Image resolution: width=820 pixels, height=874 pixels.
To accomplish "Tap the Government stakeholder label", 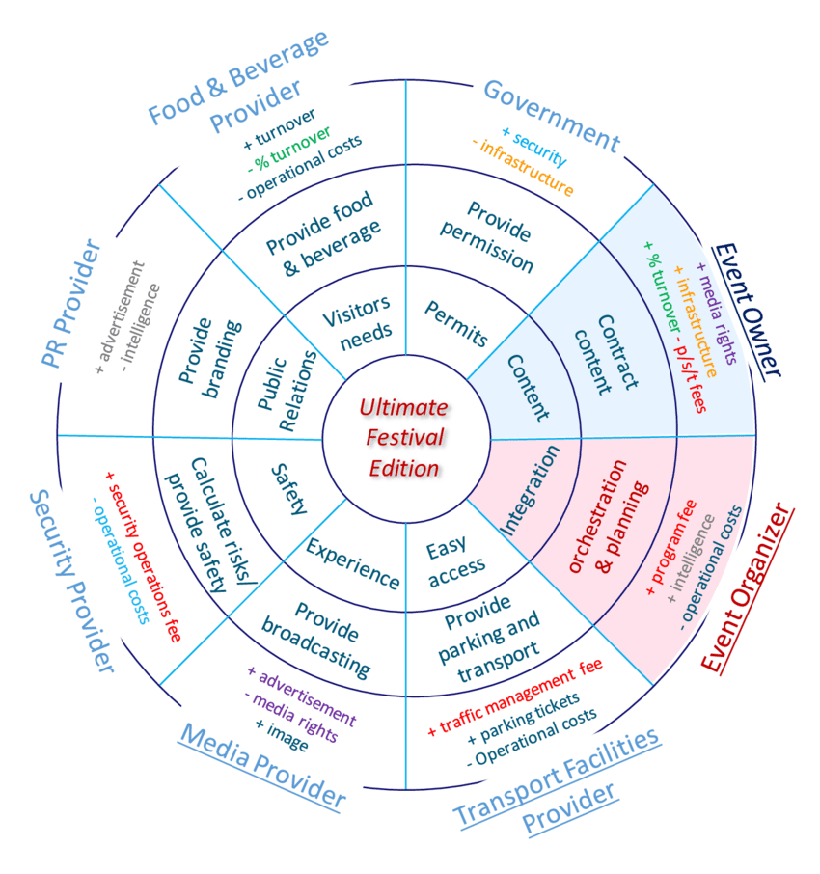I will (551, 115).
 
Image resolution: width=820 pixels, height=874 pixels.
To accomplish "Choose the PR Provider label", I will (73, 303).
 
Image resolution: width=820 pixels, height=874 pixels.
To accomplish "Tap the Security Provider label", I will (72, 580).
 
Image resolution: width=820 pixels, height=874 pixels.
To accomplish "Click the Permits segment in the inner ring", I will (455, 324).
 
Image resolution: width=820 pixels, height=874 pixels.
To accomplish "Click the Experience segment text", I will (352, 563).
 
